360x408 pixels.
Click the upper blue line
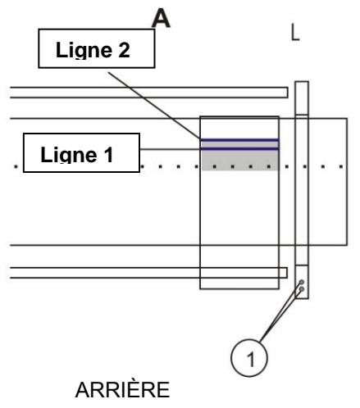[240, 140]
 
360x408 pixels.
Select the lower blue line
[240, 149]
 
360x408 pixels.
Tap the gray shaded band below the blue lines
[240, 160]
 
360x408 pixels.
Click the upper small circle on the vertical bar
[302, 282]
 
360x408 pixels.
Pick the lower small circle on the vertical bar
[302, 288]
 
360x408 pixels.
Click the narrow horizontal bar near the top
[148, 92]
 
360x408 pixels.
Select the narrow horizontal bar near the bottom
[148, 272]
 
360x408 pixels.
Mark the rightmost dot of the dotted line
[342, 167]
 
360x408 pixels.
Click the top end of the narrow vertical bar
[301, 83]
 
